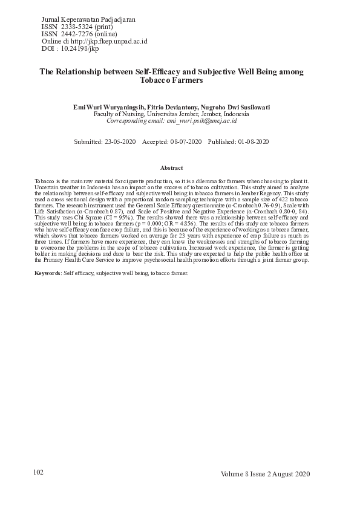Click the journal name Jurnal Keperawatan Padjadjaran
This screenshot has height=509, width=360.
coord(88,19)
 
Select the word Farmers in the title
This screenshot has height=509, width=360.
coord(186,80)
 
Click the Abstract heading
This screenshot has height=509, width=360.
coord(171,167)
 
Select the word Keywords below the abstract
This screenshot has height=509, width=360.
coord(47,273)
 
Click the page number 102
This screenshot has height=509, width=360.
coord(38,472)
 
